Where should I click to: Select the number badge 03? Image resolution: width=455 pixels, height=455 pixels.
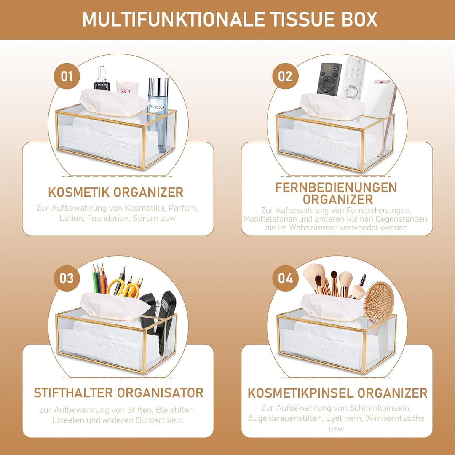tap(67, 278)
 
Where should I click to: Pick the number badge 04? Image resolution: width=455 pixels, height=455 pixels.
tap(285, 278)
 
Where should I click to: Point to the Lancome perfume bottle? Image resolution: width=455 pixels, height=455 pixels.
tap(102, 78)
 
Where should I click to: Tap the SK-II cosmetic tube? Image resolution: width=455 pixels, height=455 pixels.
tap(127, 88)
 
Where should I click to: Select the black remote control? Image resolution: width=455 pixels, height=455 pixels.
tap(329, 80)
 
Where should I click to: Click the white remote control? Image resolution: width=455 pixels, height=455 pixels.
tap(353, 78)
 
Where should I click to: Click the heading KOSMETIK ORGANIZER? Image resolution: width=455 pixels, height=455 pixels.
tap(116, 192)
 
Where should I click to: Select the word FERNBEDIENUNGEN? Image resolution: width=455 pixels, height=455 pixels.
tap(336, 187)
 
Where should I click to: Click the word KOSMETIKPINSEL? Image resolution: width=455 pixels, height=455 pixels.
tap(300, 393)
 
